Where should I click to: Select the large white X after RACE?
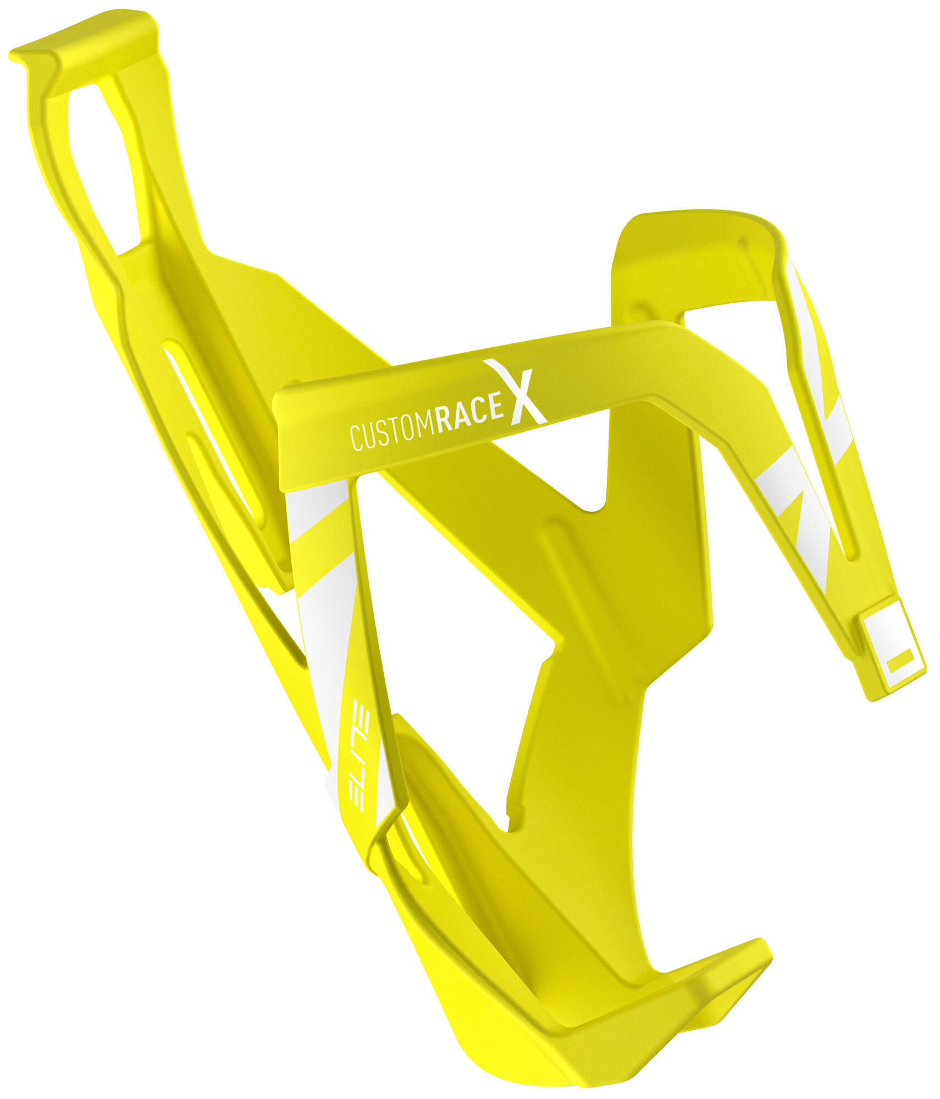click(x=515, y=392)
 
